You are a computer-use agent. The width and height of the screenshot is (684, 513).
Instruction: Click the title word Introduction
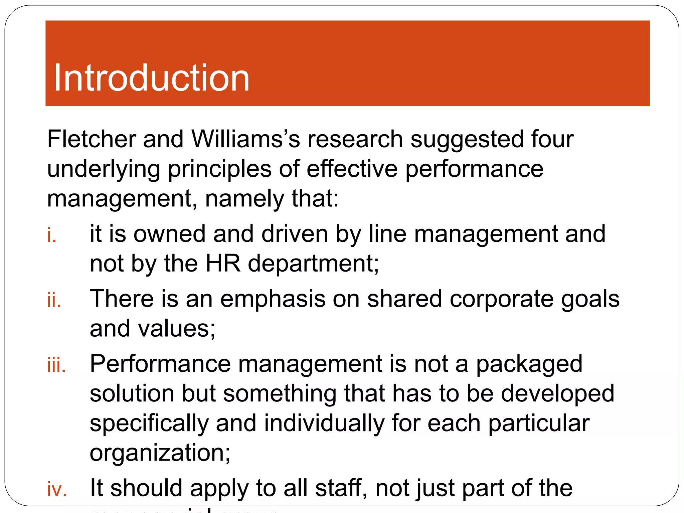coord(151,78)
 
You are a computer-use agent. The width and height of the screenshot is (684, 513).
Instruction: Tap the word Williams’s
coord(246,139)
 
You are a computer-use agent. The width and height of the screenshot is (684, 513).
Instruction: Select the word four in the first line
coord(552,139)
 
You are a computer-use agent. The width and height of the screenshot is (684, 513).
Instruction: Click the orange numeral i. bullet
coord(51,235)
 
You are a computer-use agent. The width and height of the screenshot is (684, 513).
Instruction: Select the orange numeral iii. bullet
coord(56,365)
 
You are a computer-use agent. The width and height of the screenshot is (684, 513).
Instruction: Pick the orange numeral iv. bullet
coord(57,490)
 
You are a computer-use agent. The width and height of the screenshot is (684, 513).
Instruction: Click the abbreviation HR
coord(223,264)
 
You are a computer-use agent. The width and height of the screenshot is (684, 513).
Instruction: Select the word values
coord(177,329)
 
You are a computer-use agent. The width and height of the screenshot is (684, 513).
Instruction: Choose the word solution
coord(132,393)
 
